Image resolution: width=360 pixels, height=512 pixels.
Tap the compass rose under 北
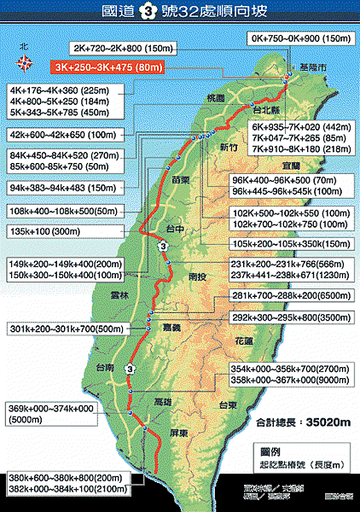coord(25,62)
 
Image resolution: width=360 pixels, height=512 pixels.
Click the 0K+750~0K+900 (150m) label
coord(299,38)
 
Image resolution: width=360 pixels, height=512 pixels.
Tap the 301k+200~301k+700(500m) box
coord(60,329)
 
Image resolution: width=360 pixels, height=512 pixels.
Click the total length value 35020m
coord(313,421)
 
